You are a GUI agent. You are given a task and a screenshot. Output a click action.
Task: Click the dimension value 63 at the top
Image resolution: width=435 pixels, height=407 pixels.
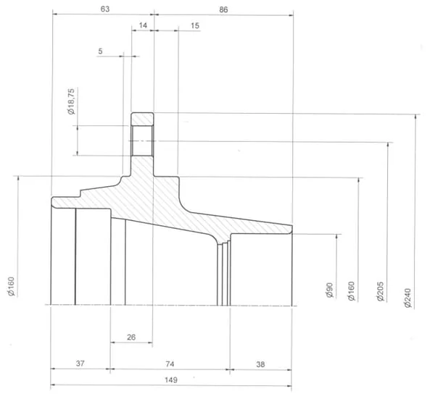coord(105,9)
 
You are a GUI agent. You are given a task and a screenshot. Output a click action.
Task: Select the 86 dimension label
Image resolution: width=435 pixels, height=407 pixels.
coord(223,9)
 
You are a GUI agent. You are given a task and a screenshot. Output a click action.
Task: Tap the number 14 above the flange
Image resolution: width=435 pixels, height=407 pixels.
coord(143,25)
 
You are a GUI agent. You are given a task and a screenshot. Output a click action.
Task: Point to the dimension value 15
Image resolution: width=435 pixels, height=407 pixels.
coord(195,26)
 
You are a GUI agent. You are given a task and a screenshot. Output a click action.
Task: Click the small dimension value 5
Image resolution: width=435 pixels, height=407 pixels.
coord(100,51)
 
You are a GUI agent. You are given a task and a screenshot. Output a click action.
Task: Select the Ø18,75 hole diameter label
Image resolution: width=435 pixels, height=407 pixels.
coord(71,101)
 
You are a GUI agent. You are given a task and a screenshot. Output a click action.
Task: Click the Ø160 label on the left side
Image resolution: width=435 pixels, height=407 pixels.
coord(12,287)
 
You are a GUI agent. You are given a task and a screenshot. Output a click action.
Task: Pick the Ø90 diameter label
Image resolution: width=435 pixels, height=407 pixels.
coord(329,290)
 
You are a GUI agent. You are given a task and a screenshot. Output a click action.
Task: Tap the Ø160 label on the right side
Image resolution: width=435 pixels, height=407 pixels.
coord(351,291)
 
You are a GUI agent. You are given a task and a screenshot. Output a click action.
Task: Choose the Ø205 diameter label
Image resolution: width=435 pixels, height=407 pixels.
coord(381,291)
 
